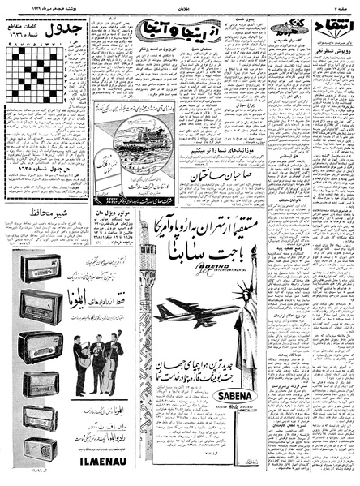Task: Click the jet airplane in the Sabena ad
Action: point(198,312)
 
